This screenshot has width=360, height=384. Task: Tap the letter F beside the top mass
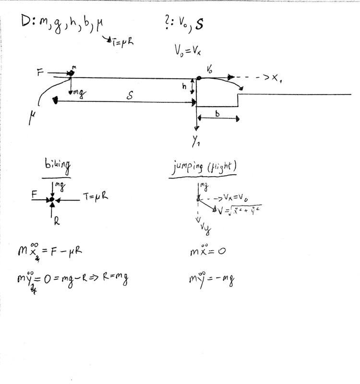40,72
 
